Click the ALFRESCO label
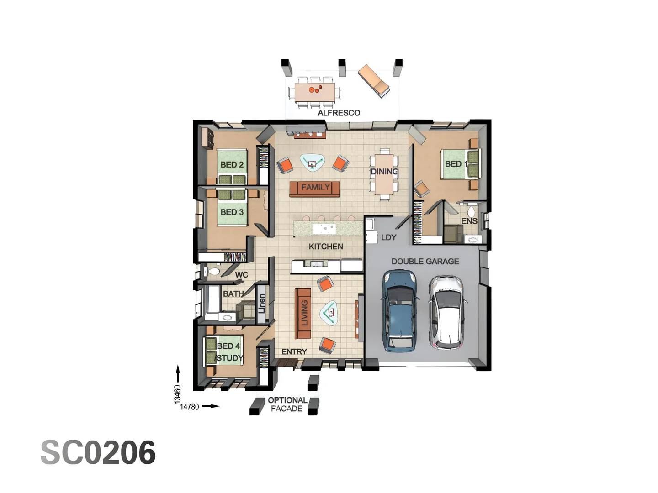pos(339,113)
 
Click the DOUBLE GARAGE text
pos(425,261)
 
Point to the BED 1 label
pos(456,163)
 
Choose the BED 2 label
pos(232,164)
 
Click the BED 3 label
pos(232,212)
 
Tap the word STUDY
pos(229,358)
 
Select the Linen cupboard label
pos(262,304)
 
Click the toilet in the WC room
pos(213,272)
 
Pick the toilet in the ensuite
pos(471,212)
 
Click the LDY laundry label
pos(388,237)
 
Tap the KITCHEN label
pos(326,246)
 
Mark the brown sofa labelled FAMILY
pos(315,188)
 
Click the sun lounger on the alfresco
pos(373,80)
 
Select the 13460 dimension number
pos(177,394)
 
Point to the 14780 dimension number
pos(190,407)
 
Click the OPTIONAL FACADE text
pos(287,404)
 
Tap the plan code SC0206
pos(98,452)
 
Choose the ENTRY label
pos(294,351)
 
